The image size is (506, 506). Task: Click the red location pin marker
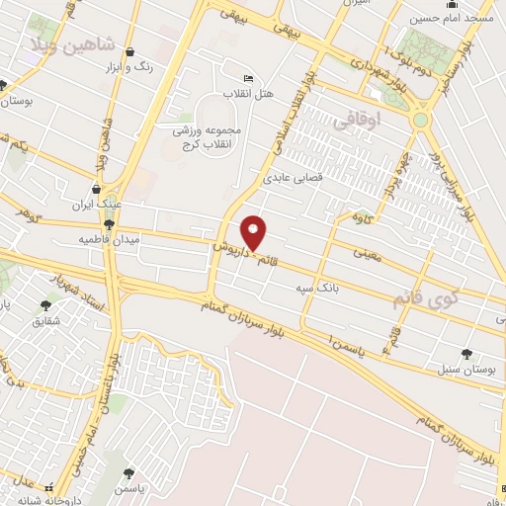tap(255, 232)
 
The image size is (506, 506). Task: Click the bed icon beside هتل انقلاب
tap(247, 79)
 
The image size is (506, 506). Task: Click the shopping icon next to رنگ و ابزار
tap(131, 51)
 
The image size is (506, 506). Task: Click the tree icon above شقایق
tap(45, 306)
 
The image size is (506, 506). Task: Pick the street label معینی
tap(361, 253)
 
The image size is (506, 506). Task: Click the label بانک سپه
tap(311, 288)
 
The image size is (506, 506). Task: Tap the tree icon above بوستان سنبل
tap(465, 353)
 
